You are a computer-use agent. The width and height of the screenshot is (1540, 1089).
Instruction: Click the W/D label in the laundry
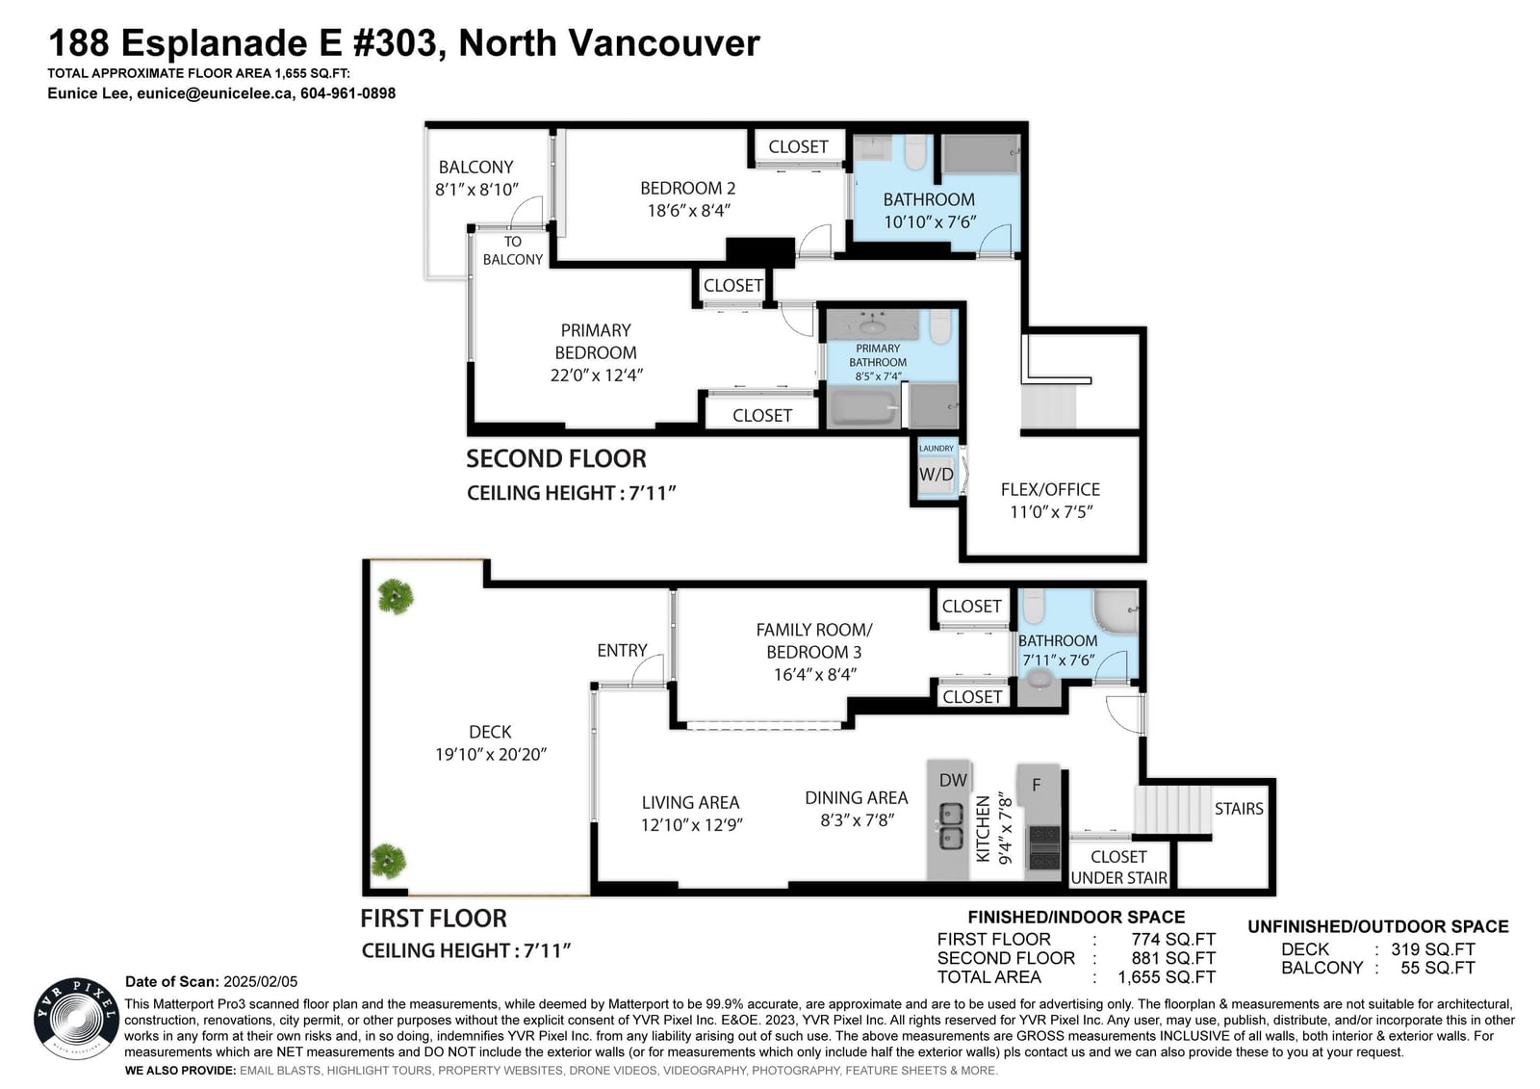(937, 474)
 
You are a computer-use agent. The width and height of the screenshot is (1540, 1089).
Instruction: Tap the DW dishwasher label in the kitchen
(953, 779)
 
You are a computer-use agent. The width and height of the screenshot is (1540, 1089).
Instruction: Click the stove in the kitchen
(1043, 847)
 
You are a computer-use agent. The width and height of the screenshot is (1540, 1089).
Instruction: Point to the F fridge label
(1036, 784)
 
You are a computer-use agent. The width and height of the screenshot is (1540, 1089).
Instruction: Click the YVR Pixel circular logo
(76, 1019)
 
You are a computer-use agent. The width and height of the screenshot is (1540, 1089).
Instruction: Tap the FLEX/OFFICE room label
(1050, 489)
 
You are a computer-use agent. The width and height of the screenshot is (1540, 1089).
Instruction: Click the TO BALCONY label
(513, 250)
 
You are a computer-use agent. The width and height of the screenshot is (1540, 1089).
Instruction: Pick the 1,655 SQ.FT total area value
(1166, 977)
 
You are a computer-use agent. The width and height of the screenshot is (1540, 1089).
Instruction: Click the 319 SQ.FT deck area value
(1433, 949)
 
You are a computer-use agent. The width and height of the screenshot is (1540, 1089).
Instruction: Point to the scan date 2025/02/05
(261, 982)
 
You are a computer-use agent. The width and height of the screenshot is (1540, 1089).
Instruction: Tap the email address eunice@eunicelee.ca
(215, 93)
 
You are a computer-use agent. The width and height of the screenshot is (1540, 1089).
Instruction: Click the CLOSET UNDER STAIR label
(1118, 868)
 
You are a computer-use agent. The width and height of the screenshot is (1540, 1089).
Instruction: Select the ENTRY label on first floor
(622, 650)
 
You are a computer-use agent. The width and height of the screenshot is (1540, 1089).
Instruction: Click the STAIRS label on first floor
(1238, 808)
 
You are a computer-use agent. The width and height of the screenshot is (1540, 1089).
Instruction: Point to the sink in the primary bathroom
(872, 324)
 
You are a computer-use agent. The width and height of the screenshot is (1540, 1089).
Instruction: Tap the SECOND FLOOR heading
(556, 459)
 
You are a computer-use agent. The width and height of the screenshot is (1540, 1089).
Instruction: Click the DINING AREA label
(856, 797)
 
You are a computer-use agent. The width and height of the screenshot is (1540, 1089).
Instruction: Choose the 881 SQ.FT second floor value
(1173, 958)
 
